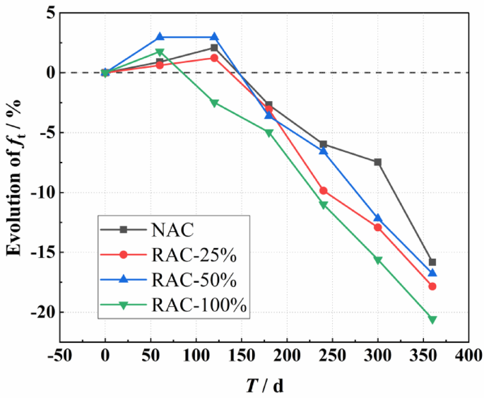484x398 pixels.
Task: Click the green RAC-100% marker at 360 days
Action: (432, 320)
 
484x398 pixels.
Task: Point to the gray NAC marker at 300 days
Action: (378, 162)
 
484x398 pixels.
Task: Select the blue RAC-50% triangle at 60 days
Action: (160, 37)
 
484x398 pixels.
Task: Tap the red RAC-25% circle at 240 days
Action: (324, 191)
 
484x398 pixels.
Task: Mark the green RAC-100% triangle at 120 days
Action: (214, 103)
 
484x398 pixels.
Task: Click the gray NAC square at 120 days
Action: (214, 47)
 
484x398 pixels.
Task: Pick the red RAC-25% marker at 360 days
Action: (432, 286)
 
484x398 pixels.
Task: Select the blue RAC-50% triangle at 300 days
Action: (378, 218)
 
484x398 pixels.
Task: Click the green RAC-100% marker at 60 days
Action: (160, 52)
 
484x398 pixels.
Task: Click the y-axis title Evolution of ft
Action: (15, 177)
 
